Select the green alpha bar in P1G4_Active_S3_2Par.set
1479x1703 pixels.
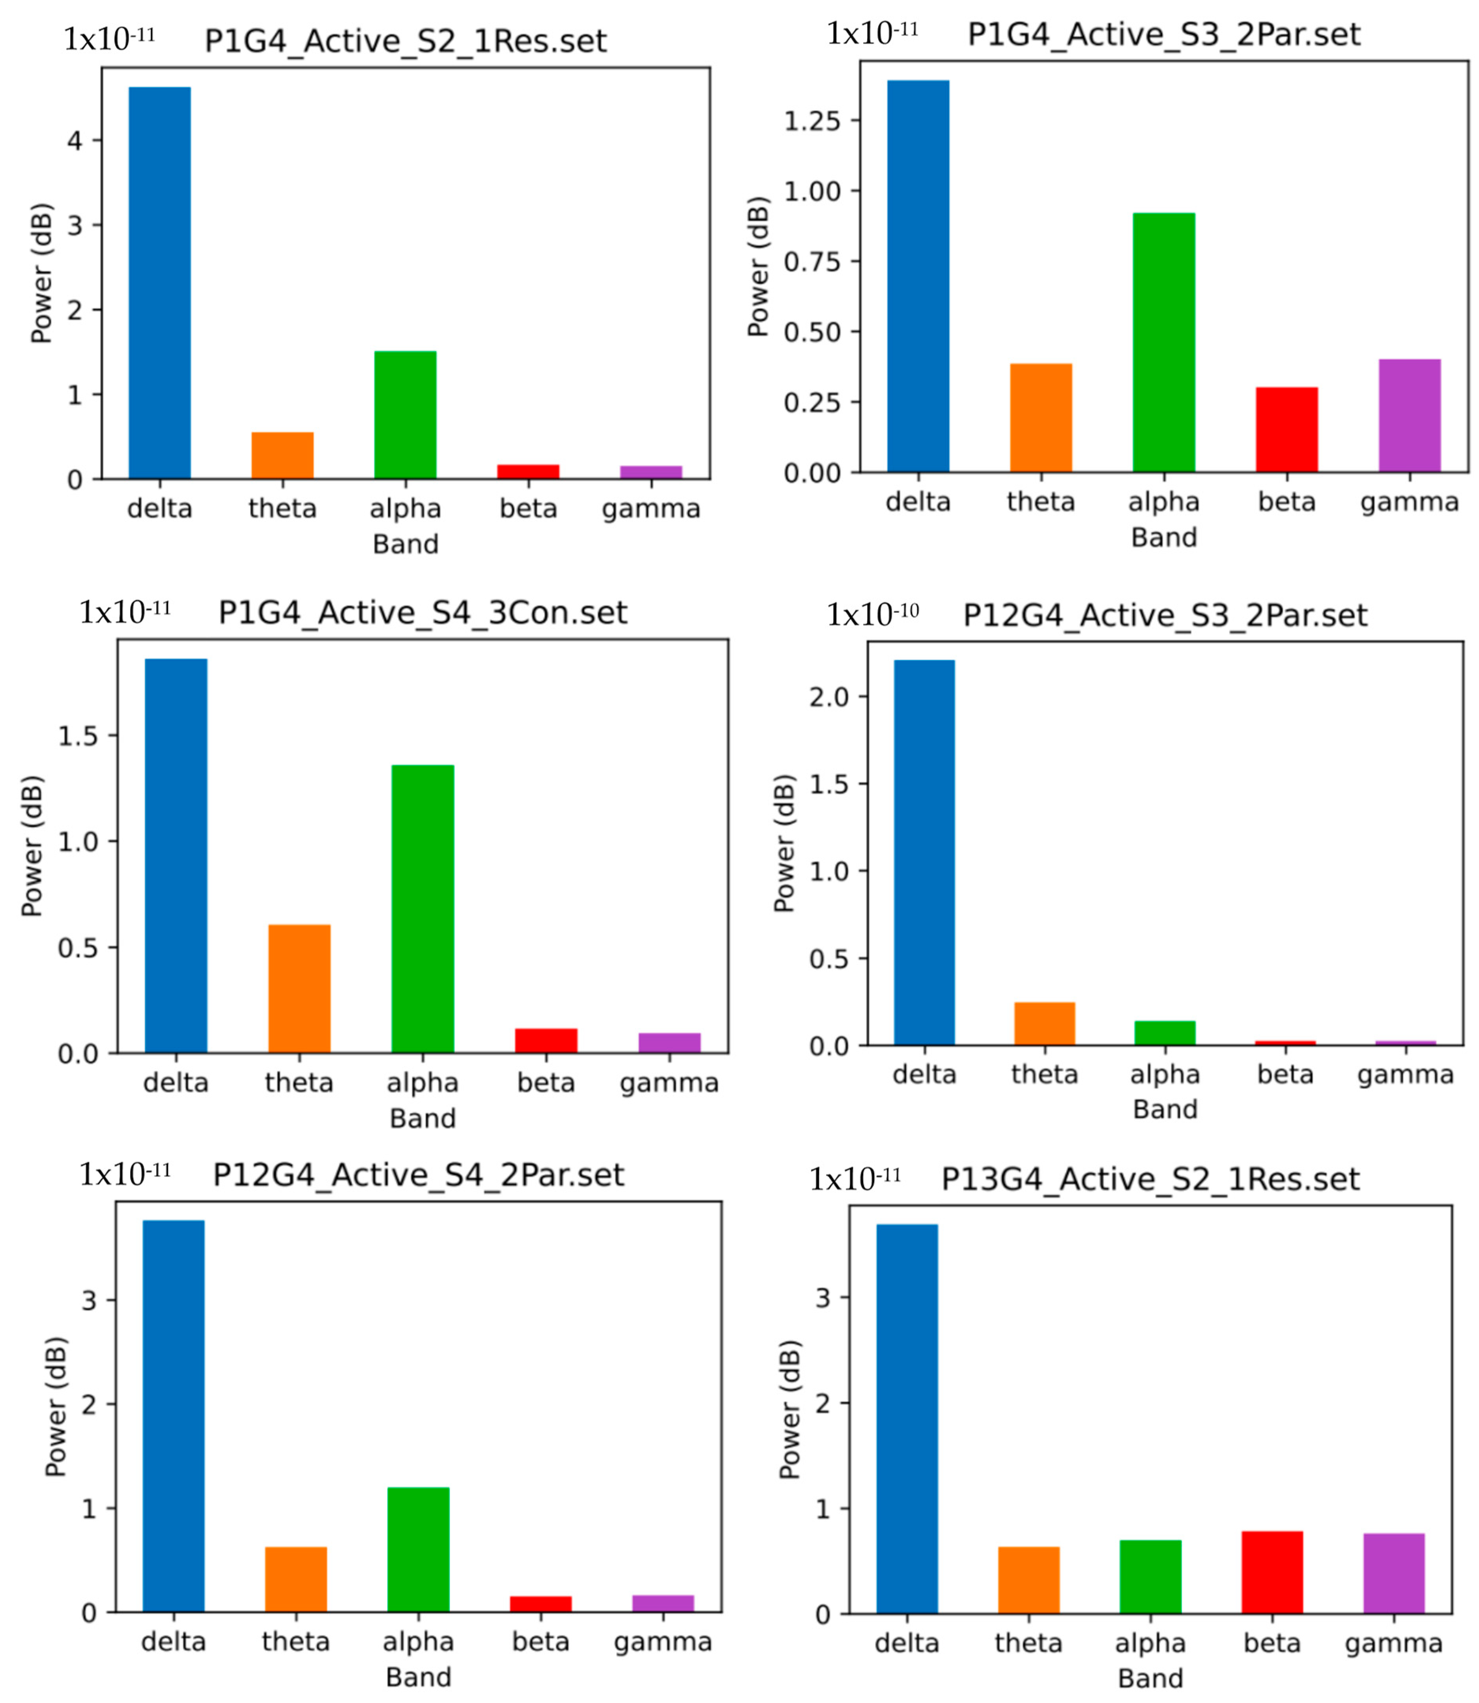click(1164, 342)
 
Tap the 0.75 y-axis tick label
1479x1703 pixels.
click(812, 262)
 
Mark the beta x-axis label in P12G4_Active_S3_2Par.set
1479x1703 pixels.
click(1285, 1074)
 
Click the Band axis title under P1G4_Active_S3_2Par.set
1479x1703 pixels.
click(1164, 537)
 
